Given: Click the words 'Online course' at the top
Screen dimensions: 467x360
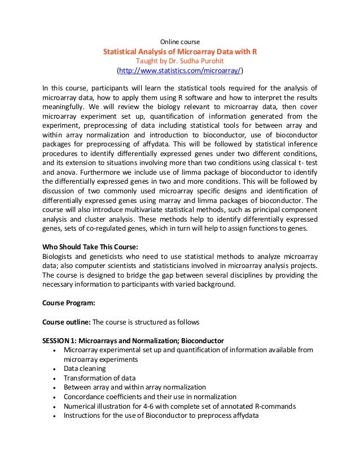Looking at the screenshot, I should (x=180, y=41).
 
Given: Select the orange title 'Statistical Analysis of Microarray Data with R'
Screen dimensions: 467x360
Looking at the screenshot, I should (x=179, y=51).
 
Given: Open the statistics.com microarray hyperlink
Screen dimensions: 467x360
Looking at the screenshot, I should (x=179, y=71).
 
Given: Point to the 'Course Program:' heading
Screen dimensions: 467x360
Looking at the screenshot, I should (x=69, y=302).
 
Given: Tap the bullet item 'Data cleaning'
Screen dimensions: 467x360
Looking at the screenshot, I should (x=85, y=368).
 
